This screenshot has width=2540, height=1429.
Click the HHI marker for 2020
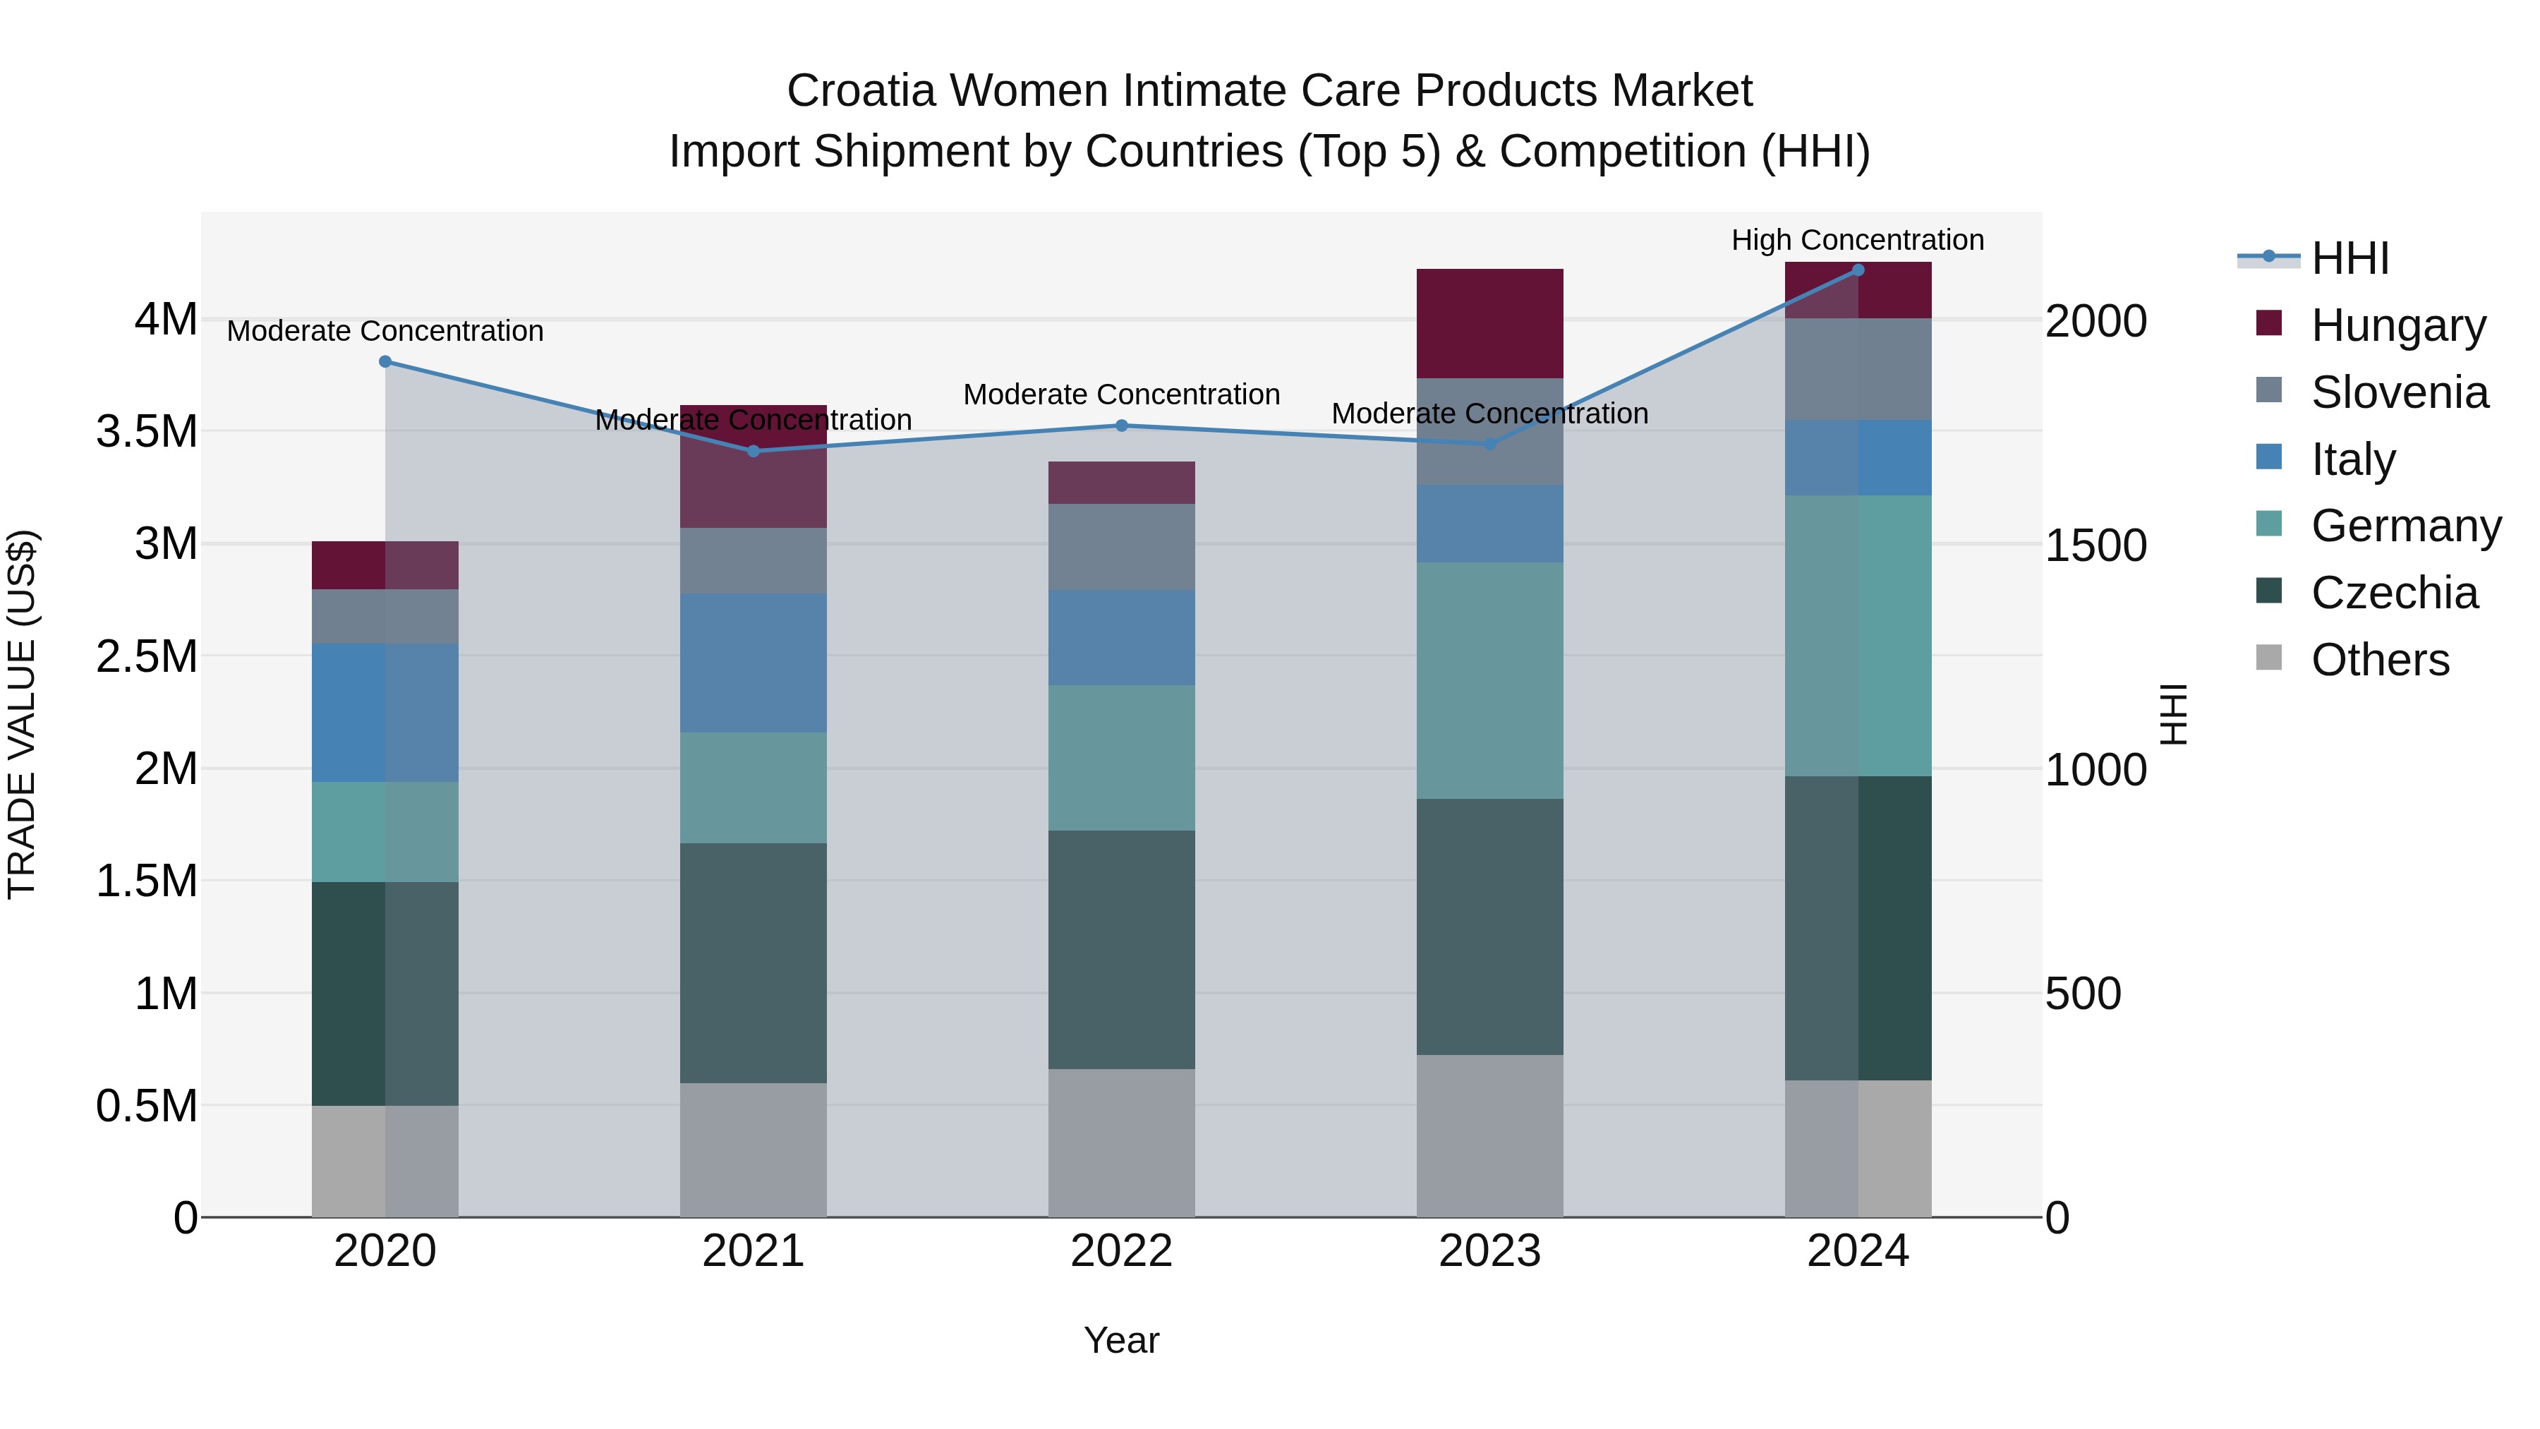pyautogui.click(x=385, y=362)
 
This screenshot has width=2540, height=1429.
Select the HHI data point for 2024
pyautogui.click(x=1858, y=270)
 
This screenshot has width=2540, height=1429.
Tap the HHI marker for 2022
pyautogui.click(x=1121, y=426)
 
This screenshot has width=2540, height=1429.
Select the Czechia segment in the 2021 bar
pyautogui.click(x=754, y=963)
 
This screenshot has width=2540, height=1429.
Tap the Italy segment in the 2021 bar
pyautogui.click(x=754, y=663)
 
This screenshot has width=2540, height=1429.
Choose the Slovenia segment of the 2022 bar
pyautogui.click(x=1121, y=548)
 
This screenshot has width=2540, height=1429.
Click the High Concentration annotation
pyautogui.click(x=1857, y=241)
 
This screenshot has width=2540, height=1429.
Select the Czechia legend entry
pyautogui.click(x=2393, y=593)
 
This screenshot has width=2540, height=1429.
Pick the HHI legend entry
pyautogui.click(x=2349, y=258)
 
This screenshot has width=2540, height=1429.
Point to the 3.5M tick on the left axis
pyautogui.click(x=147, y=432)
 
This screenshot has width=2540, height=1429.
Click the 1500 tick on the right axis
pyautogui.click(x=2095, y=545)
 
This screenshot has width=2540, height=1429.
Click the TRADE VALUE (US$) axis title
pyautogui.click(x=23, y=714)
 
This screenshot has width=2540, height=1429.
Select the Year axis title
pyautogui.click(x=1121, y=1340)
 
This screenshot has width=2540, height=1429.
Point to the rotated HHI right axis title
pyautogui.click(x=2173, y=714)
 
